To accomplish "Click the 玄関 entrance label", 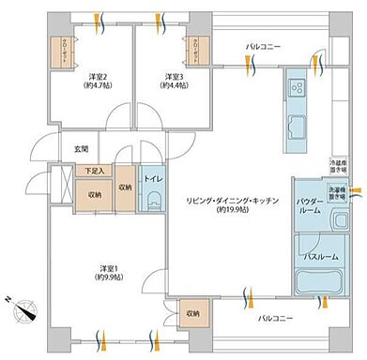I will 81,149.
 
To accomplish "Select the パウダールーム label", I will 311,205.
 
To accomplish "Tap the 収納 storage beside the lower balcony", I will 191,313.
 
